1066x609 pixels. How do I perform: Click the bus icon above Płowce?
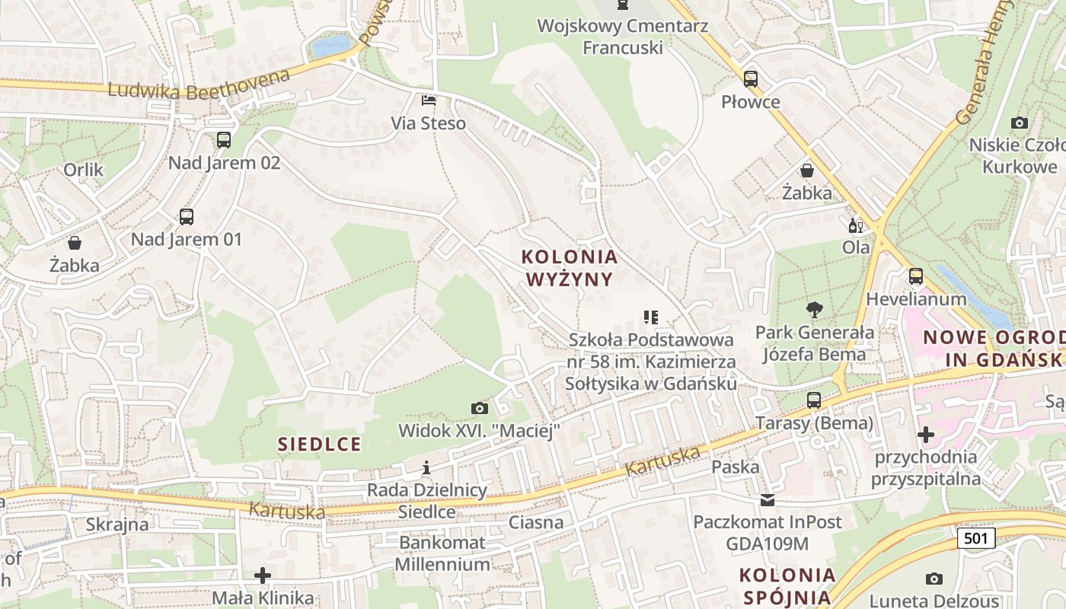751,78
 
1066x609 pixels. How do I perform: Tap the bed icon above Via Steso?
429,100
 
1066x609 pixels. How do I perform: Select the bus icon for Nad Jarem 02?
223,139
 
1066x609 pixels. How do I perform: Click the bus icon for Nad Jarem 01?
187,216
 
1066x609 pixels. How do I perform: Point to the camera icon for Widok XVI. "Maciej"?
479,408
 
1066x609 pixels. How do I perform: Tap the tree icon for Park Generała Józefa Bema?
815,309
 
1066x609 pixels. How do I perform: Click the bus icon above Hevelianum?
915,276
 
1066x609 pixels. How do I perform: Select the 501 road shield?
975,539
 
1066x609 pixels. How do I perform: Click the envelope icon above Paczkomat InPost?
767,500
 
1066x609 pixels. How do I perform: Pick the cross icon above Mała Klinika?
263,576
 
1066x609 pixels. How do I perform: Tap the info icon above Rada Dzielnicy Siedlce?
426,467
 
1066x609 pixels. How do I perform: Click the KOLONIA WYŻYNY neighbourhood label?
570,268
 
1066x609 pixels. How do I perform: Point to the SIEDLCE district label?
319,444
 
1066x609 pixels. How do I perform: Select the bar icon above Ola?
856,225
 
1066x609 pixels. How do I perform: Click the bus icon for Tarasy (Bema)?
814,400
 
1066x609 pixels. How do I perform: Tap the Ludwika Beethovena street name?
199,84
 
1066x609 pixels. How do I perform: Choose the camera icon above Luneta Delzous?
934,579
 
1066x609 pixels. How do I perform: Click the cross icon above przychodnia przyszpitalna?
926,435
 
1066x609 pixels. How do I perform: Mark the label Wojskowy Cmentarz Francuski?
623,37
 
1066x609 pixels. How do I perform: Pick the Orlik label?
84,169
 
